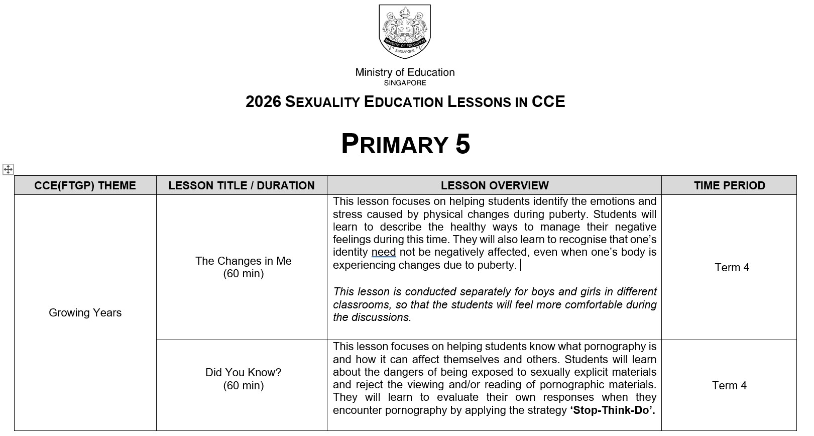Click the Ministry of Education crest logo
tap(405, 32)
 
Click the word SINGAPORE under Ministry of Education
tap(405, 83)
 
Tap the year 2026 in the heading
tap(263, 102)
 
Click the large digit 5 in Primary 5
tap(462, 144)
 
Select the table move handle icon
tap(8, 169)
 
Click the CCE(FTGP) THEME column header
tap(85, 185)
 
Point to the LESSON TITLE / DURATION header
tap(242, 185)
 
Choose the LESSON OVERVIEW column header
tap(495, 185)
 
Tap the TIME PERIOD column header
tap(729, 185)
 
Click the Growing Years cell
tap(85, 312)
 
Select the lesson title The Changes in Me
tap(243, 261)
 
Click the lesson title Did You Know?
tap(243, 373)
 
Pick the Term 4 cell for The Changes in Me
tap(732, 267)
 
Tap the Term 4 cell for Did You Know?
tap(729, 385)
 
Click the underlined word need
tap(384, 252)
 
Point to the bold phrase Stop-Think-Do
tap(612, 410)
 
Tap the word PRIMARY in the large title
tap(394, 144)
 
